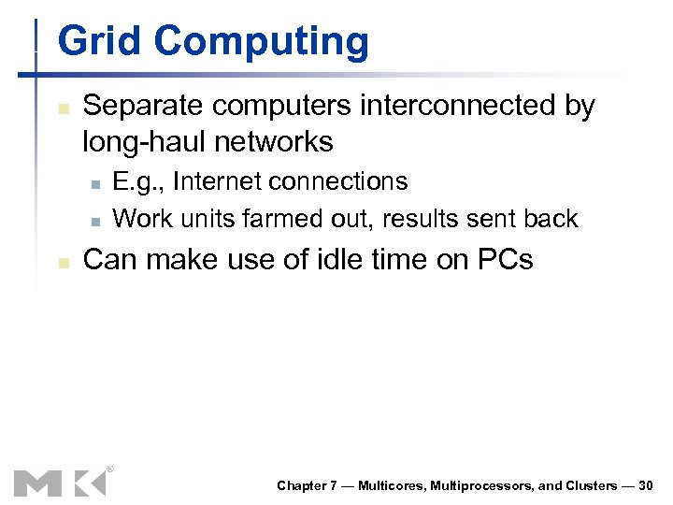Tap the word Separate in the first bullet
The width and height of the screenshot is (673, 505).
143,107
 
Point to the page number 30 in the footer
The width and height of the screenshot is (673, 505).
645,485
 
